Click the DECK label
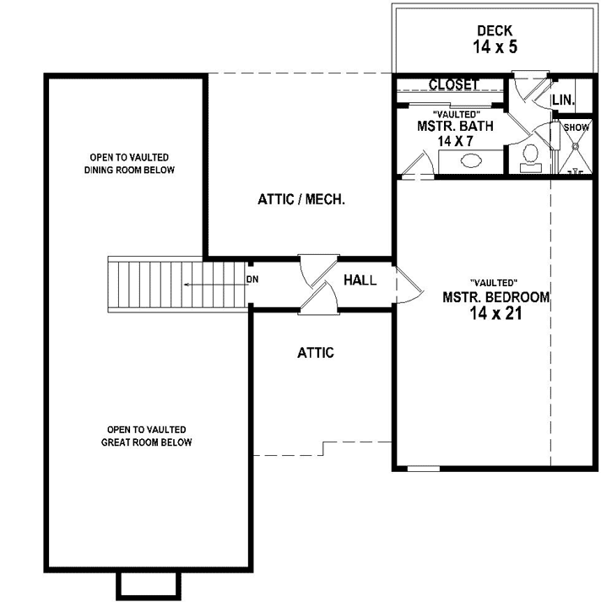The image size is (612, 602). click(x=495, y=31)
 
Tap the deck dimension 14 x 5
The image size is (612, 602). click(x=495, y=47)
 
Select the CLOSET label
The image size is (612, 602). click(x=454, y=84)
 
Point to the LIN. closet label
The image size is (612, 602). click(x=563, y=100)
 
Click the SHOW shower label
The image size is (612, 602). click(x=577, y=127)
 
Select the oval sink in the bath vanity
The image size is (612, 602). click(x=471, y=160)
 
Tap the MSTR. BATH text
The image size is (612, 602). click(x=456, y=126)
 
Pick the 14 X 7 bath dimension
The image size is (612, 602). click(x=456, y=141)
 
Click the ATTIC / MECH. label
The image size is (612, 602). click(x=301, y=200)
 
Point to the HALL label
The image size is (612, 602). click(x=360, y=280)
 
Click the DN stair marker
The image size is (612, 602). click(x=252, y=279)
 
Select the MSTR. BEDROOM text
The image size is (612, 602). click(x=496, y=297)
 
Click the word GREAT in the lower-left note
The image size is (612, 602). click(x=116, y=442)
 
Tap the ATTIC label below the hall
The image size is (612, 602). click(x=316, y=353)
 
